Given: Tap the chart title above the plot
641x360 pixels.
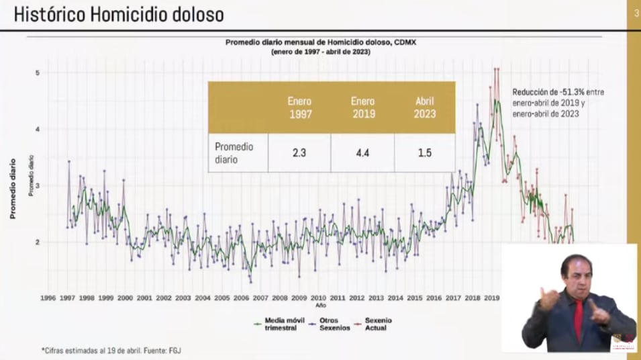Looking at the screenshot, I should pos(321,46).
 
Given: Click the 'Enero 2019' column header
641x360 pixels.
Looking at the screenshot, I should pos(362,107).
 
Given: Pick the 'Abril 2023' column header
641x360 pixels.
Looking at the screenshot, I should pos(425,107).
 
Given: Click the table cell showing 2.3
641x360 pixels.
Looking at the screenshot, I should pos(299,152).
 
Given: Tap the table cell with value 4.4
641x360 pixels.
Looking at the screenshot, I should pos(362,152).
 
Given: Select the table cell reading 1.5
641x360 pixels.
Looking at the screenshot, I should pos(425,152).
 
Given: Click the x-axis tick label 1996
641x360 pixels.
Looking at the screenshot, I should pos(48,297).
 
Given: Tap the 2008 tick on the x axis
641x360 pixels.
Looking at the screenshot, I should pos(280,297).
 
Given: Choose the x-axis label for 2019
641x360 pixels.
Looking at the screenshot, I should pos(492,297).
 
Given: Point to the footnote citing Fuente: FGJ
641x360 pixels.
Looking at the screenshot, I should pos(111,350).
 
